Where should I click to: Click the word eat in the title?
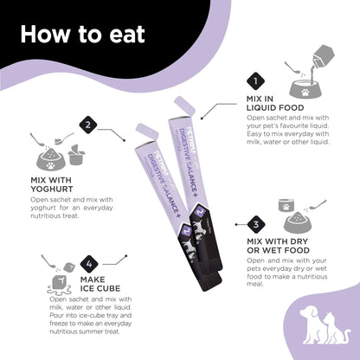click(x=123, y=35)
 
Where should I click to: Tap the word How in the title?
click(x=44, y=35)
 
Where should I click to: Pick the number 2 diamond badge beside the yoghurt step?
click(x=88, y=125)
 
